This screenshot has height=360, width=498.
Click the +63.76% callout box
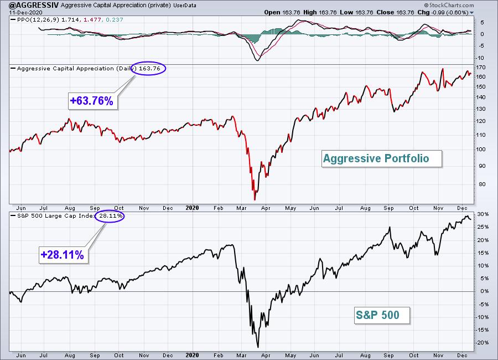[x=93, y=101]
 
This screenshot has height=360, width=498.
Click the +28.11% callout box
[x=63, y=255]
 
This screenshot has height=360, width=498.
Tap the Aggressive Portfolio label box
[x=381, y=159]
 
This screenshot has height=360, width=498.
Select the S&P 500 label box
[x=382, y=315]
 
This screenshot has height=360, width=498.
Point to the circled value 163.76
[x=149, y=68]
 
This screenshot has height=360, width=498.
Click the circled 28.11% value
[x=111, y=216]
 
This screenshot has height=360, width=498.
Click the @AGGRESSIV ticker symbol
[x=34, y=5]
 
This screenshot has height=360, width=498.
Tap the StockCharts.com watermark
[x=449, y=5]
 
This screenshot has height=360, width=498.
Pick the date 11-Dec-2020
[x=25, y=12]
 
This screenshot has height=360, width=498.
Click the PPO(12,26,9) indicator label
[x=38, y=20]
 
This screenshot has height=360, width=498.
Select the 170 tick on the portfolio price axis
[x=481, y=68]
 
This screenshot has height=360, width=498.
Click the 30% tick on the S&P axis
[x=483, y=214]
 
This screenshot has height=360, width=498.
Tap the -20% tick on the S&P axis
[x=482, y=343]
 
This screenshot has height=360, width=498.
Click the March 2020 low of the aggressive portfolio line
[x=255, y=200]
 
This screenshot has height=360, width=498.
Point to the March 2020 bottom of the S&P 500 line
[x=258, y=347]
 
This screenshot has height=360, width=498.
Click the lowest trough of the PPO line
[x=257, y=60]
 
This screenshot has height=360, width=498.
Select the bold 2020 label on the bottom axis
[x=192, y=355]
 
